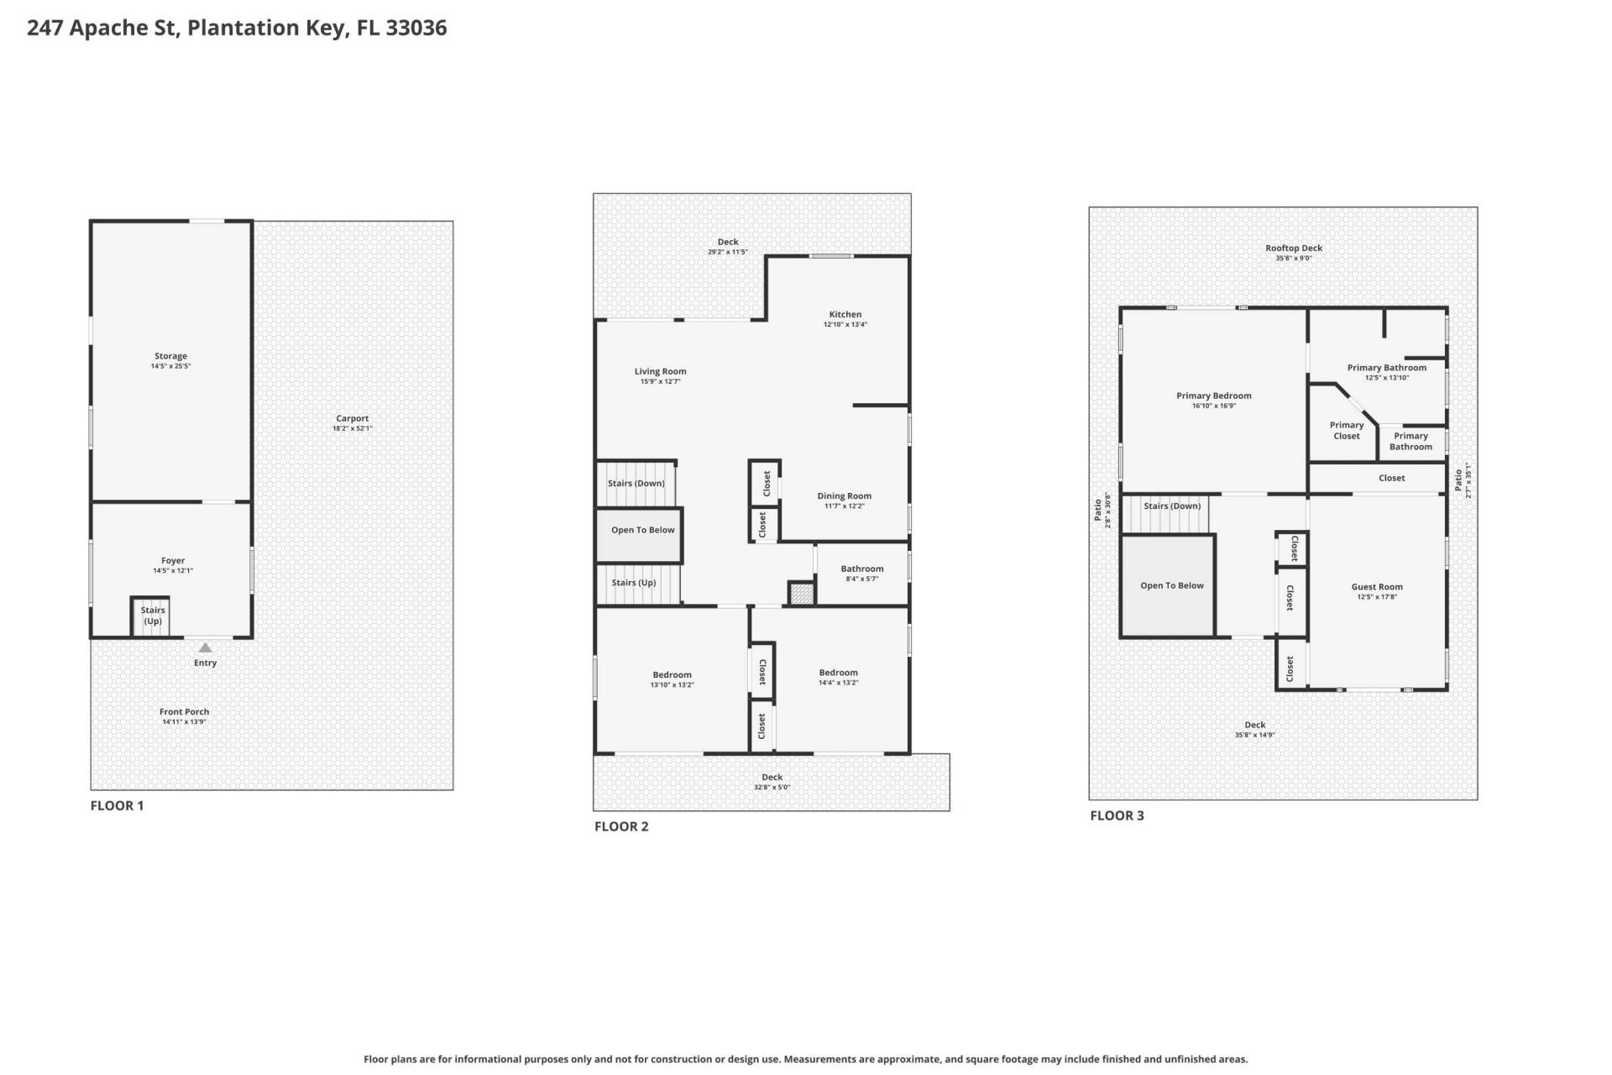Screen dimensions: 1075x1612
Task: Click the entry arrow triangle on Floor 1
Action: tap(205, 648)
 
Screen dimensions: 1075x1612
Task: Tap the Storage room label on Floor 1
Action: tap(170, 356)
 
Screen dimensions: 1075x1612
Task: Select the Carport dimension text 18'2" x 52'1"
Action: tap(352, 429)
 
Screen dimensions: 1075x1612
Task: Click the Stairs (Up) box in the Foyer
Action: tap(152, 616)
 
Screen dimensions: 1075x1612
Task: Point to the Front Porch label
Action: tap(184, 711)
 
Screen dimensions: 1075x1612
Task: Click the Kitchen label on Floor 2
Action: tap(845, 314)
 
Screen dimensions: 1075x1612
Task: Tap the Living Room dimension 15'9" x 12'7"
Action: tap(660, 382)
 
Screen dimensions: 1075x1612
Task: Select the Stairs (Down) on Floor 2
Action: tap(636, 484)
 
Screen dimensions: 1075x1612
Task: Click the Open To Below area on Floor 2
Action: tap(642, 531)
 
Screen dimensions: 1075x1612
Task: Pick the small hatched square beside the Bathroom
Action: tap(802, 593)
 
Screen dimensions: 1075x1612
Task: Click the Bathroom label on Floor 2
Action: tap(862, 569)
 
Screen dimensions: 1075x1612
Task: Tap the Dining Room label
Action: tap(844, 496)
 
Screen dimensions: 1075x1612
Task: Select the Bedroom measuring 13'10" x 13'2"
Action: tap(672, 675)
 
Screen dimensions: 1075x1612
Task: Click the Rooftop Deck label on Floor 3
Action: tap(1293, 248)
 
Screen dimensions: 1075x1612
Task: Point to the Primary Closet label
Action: tap(1346, 430)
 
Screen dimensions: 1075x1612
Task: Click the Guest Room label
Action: tap(1376, 587)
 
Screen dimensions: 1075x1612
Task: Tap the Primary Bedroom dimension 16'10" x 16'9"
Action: tap(1213, 406)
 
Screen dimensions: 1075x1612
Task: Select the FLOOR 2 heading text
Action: tap(621, 826)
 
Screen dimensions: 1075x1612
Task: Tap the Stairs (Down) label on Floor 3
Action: tap(1171, 506)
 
